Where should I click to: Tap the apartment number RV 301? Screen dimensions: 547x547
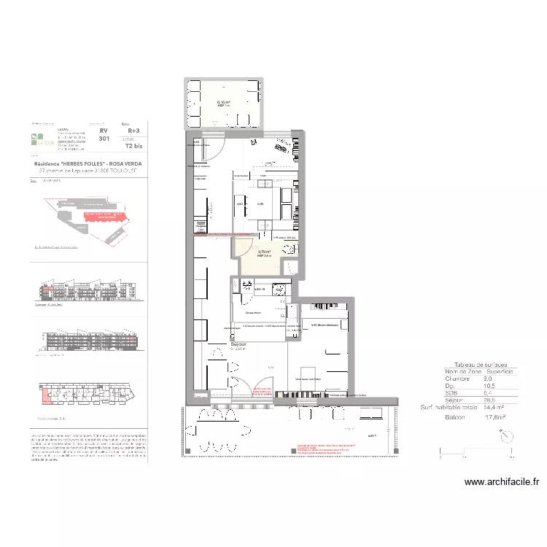104,133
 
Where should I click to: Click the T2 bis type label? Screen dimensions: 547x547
133,145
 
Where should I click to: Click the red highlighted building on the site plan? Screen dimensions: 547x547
98,217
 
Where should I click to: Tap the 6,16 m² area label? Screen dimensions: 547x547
223,103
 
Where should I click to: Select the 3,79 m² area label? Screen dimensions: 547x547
264,252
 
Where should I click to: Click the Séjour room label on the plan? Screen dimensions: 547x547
238,343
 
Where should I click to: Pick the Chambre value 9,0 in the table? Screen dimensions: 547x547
488,379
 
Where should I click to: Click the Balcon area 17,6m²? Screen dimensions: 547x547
495,418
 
